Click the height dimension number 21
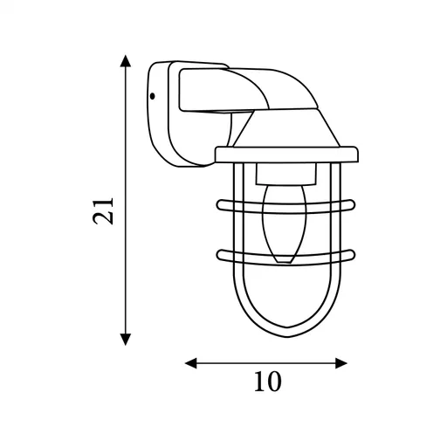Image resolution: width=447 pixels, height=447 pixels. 105,210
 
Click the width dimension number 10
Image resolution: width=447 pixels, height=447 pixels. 267,382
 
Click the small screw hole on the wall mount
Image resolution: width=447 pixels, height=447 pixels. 152,95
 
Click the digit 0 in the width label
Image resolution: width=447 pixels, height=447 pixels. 274,382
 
